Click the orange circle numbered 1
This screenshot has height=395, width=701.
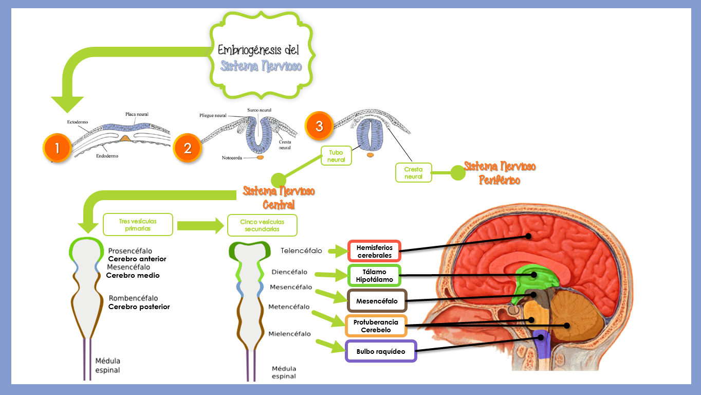click(57, 148)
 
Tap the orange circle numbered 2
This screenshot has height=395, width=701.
click(188, 148)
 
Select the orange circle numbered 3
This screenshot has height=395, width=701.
click(319, 127)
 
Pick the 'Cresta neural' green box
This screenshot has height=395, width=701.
click(413, 172)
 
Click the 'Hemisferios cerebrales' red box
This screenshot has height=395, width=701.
click(374, 252)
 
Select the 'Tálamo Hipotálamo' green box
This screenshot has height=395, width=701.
click(374, 276)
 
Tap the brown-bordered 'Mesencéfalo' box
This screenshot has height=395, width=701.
click(377, 301)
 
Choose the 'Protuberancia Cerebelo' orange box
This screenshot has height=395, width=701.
click(376, 326)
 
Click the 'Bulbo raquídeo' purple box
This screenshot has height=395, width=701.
click(380, 351)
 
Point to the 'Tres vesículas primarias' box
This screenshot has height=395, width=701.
click(138, 225)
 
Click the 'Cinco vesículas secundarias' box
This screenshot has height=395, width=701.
click(262, 225)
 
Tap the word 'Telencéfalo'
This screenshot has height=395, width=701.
click(301, 251)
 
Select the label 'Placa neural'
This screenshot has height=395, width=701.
click(137, 114)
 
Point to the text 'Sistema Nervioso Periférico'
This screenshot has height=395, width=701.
click(500, 173)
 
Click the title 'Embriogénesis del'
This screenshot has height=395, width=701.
click(259, 50)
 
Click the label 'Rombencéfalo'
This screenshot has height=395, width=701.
click(133, 298)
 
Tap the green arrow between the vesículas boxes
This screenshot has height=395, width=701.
click(198, 225)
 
